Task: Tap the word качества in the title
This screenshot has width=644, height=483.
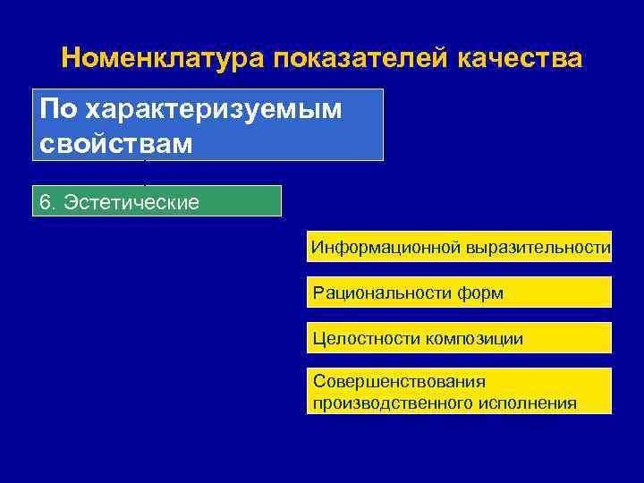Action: coord(520,59)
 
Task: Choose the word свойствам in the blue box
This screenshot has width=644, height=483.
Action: coord(116,142)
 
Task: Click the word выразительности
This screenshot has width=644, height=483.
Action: coord(538,247)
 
